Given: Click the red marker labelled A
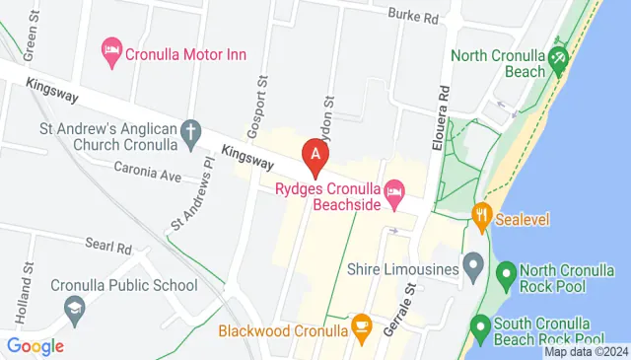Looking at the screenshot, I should pos(315,155).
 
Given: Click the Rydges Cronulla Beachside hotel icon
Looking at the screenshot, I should pos(394,188).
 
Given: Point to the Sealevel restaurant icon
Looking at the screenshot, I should pos(481,215).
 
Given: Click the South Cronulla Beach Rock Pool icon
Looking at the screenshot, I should pos(480,324).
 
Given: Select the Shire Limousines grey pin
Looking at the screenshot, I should pos(473,267).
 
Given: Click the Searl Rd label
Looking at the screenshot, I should pos(108,246).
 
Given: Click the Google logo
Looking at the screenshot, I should pos(35,346).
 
